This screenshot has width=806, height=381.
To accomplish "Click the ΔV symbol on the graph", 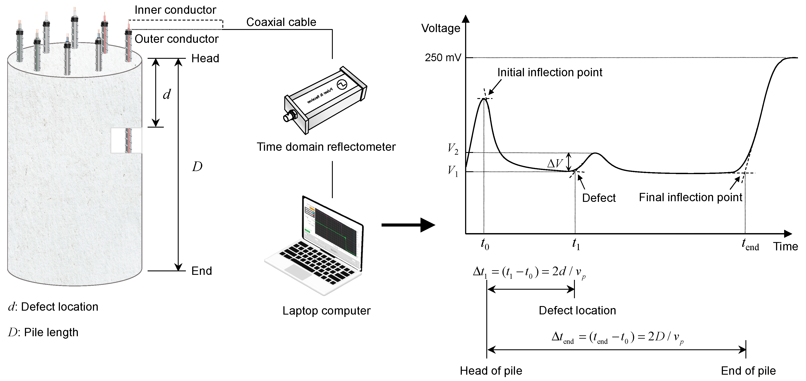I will point(555,163).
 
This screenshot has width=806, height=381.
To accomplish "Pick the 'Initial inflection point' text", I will point(550,73).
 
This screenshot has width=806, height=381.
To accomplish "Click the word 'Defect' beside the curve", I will point(598,198).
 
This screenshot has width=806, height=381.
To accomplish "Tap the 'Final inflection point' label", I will point(690,197).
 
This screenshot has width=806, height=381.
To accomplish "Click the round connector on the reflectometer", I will point(287,118).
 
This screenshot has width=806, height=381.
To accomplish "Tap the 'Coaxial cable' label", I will point(281,22).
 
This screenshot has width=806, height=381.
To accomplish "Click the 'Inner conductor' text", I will point(175,10).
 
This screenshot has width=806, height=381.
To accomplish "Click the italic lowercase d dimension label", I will point(167,94).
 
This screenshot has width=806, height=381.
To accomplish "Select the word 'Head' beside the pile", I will point(205,59).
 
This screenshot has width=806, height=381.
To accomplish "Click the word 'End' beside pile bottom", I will point(202,271).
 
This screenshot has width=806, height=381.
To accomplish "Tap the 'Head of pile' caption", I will point(491,371).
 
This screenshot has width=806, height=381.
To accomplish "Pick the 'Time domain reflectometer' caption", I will point(326,147).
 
